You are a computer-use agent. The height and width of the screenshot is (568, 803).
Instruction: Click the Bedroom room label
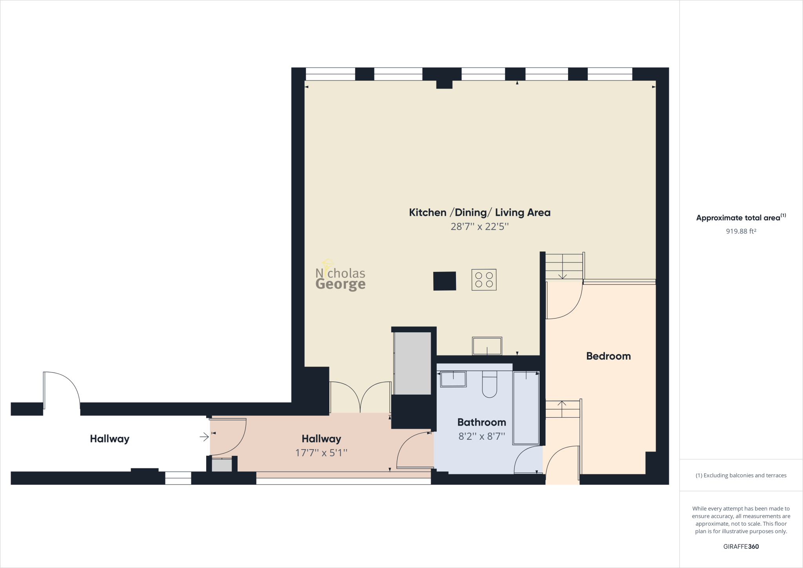tap(608, 356)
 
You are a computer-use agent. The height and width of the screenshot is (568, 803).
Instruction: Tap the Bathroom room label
tap(481, 422)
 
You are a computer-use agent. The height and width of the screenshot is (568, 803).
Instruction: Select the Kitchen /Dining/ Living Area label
tap(480, 213)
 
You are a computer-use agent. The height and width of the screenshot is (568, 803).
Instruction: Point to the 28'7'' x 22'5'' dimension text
tap(480, 227)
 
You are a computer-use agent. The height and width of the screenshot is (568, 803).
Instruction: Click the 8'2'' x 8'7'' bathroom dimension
tap(481, 436)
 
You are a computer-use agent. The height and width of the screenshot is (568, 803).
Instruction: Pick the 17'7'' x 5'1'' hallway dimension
tap(321, 453)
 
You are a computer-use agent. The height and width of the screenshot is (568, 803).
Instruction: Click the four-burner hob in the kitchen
tap(484, 280)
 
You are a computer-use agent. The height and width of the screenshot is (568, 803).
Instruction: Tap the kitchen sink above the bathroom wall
tap(487, 346)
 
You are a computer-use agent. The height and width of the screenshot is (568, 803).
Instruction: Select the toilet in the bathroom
tap(489, 384)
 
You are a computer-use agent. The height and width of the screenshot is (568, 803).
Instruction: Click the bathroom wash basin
tap(453, 379)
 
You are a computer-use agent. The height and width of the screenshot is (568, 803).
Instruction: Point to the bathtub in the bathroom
tap(526, 408)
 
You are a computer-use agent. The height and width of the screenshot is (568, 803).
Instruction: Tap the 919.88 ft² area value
tap(741, 231)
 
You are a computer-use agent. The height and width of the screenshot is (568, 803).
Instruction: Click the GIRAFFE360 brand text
tap(741, 546)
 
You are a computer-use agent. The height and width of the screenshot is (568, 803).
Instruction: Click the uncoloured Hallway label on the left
tap(109, 439)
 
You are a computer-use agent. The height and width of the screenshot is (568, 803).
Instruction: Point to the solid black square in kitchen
tap(445, 281)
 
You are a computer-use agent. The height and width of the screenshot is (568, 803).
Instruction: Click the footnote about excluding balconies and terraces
tap(741, 475)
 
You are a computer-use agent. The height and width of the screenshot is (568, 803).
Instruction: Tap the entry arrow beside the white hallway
tap(204, 437)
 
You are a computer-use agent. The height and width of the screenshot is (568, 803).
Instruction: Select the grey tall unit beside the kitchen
tap(412, 363)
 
